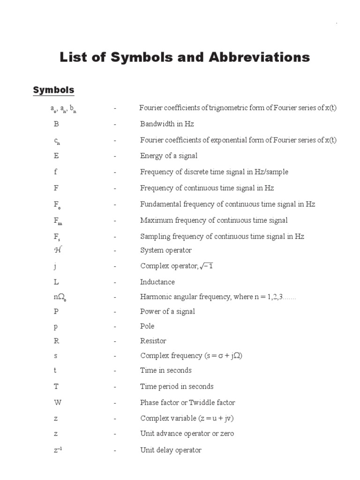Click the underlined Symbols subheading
tap(53, 90)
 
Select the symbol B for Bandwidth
tap(56, 124)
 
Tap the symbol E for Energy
tap(56, 156)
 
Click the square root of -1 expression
tap(207, 266)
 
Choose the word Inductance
tap(157, 282)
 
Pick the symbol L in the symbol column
tap(56, 282)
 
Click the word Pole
tap(147, 326)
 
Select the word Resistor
tap(153, 341)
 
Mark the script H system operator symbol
tap(58, 250)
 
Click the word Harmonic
tap(155, 297)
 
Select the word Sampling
tap(155, 237)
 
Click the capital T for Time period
tap(56, 387)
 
